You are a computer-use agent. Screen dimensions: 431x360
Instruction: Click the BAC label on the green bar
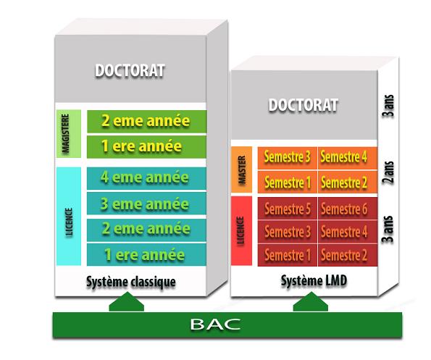click(215, 324)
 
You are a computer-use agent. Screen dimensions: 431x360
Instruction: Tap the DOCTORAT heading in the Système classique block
click(130, 70)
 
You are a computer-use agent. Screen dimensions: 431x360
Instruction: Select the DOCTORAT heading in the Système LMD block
click(304, 105)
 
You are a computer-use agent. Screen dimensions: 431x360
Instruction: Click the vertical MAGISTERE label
click(66, 133)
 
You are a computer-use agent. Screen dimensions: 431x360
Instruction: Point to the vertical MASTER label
click(242, 169)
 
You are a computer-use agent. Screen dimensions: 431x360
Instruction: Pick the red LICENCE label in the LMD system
click(240, 230)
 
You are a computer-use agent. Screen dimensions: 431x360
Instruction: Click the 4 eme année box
click(146, 177)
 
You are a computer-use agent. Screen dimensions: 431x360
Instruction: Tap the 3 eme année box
click(146, 204)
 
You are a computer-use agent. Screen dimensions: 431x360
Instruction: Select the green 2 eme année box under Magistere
click(146, 122)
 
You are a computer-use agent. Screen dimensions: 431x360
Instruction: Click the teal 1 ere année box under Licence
click(146, 254)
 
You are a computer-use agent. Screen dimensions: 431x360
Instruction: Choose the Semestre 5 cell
click(288, 209)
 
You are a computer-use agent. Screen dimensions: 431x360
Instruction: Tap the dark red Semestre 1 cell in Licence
click(288, 255)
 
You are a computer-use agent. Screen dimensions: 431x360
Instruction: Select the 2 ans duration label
click(388, 172)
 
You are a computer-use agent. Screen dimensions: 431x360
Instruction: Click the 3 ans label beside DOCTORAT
click(388, 106)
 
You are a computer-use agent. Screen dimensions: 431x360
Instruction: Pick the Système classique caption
click(131, 282)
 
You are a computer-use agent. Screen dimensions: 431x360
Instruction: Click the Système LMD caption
click(314, 280)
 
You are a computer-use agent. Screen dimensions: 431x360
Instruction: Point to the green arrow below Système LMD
click(311, 302)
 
